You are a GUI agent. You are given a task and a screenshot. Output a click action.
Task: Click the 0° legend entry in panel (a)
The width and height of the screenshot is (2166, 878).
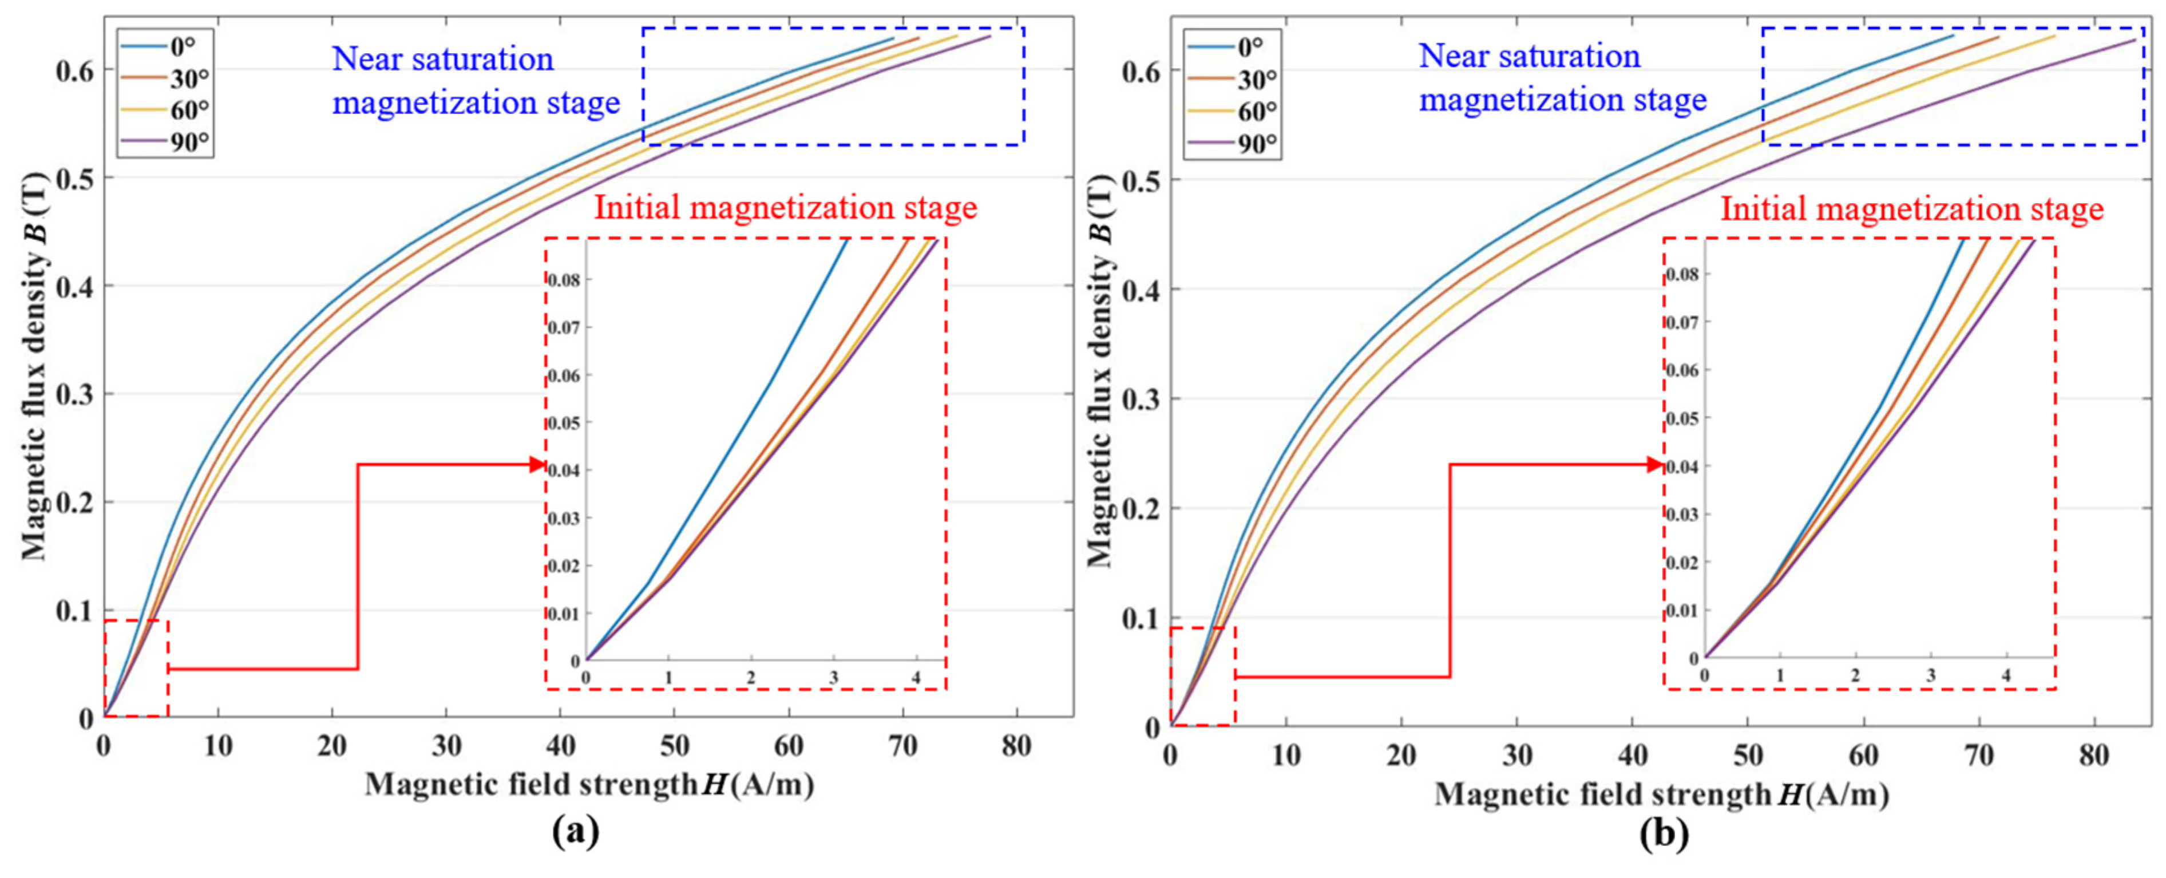tap(165, 47)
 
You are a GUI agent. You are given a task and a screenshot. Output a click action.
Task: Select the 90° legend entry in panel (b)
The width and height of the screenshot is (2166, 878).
tap(1232, 144)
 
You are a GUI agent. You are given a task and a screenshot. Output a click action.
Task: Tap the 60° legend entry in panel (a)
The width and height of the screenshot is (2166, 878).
tap(165, 110)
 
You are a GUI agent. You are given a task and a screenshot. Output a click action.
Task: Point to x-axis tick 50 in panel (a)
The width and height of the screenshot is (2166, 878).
tap(674, 745)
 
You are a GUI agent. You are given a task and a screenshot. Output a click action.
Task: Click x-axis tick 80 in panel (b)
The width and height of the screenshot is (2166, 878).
tap(2094, 754)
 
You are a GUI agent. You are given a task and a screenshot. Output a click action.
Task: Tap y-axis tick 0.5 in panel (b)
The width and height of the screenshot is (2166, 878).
tap(1140, 180)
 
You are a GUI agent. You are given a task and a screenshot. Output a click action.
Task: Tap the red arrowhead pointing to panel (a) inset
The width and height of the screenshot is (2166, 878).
tap(537, 464)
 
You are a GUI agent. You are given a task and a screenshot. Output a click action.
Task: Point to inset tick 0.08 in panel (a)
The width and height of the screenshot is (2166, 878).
tap(563, 280)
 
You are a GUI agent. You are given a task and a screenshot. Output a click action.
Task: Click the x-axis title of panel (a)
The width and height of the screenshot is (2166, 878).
tap(589, 785)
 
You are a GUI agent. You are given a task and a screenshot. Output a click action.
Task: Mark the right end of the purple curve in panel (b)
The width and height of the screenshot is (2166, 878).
tap(2135, 39)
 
